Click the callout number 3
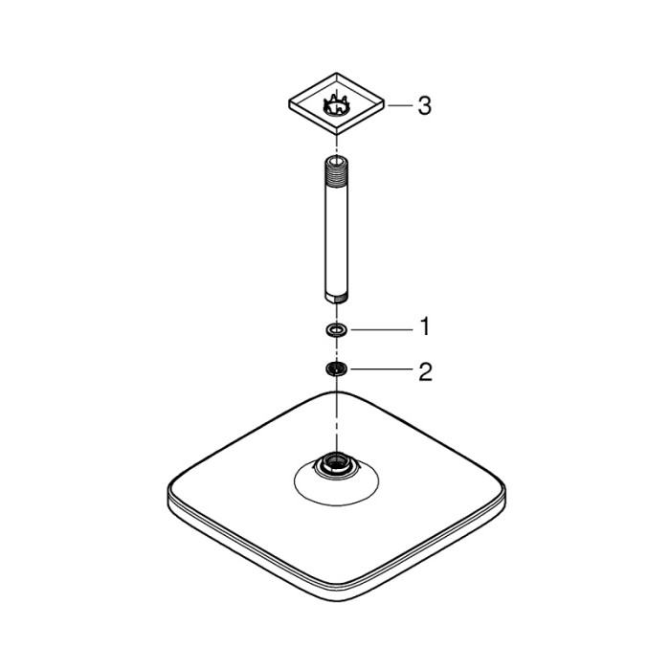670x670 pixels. (423, 105)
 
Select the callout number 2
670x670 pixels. (423, 371)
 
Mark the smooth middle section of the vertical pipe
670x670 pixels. (336, 230)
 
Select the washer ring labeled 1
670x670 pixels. (335, 330)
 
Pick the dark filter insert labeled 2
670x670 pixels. (335, 370)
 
